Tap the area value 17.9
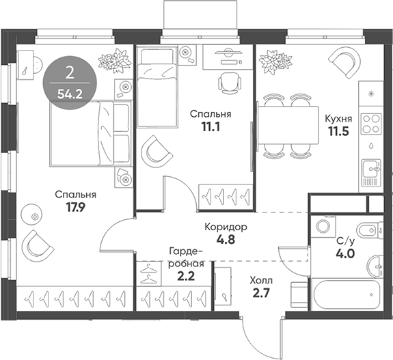[x=75, y=207]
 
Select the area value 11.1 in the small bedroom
[x=210, y=127]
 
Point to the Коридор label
[x=225, y=227]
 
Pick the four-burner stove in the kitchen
[x=370, y=123]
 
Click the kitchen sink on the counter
[x=370, y=169]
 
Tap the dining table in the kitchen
[x=288, y=123]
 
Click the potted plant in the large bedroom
[x=113, y=61]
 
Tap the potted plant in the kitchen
[x=280, y=64]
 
